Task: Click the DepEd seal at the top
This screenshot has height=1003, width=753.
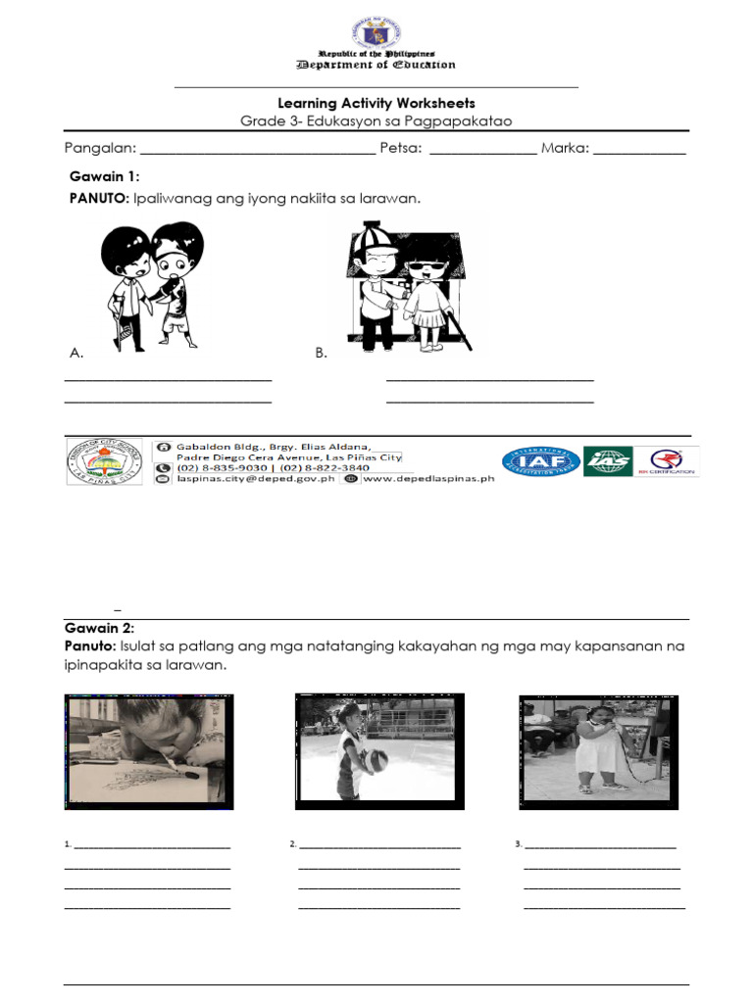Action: (x=376, y=29)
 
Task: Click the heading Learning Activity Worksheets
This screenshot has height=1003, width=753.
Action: (x=376, y=103)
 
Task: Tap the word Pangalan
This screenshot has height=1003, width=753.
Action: (x=98, y=149)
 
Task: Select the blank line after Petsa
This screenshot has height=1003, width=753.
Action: (x=482, y=152)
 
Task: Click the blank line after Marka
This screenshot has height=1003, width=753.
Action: (x=639, y=152)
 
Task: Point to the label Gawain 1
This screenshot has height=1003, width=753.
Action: (x=104, y=176)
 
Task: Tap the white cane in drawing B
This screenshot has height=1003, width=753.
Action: (x=457, y=328)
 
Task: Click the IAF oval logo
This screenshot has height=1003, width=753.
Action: (x=540, y=461)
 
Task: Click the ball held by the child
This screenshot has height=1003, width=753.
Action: (x=376, y=760)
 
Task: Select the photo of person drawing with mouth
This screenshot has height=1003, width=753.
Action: (x=149, y=751)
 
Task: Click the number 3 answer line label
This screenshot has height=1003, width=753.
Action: (x=518, y=843)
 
